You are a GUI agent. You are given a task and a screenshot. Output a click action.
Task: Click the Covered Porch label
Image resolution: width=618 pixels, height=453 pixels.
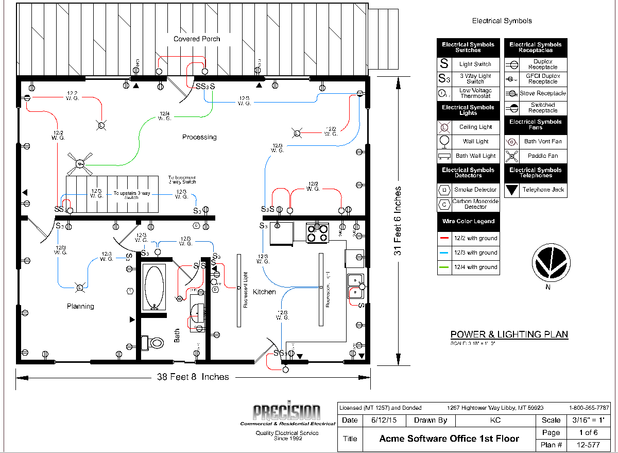pyautogui.click(x=197, y=39)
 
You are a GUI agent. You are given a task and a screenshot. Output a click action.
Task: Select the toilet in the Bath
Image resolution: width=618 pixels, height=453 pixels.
pyautogui.click(x=153, y=342)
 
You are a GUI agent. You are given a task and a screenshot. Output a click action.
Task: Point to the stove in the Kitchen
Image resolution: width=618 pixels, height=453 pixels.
pyautogui.click(x=317, y=233)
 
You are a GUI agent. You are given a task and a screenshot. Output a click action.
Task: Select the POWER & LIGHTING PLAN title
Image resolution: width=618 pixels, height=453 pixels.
pyautogui.click(x=509, y=334)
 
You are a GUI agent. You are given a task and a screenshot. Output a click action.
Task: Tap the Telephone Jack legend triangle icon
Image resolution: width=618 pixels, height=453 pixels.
pyautogui.click(x=512, y=190)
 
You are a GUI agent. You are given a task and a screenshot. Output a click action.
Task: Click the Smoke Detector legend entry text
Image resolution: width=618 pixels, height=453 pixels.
pyautogui.click(x=475, y=190)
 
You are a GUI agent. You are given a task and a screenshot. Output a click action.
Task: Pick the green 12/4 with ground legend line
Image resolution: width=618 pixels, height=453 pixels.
pyautogui.click(x=444, y=267)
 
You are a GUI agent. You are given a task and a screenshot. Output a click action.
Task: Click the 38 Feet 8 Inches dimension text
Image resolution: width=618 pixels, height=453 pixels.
pyautogui.click(x=193, y=377)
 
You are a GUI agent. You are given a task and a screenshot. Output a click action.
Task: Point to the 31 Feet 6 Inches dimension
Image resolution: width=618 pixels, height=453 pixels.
pyautogui.click(x=397, y=221)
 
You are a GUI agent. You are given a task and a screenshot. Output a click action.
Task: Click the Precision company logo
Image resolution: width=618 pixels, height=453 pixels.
pyautogui.click(x=286, y=413)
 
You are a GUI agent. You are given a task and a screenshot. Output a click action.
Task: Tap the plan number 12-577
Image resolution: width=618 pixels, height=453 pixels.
pyautogui.click(x=588, y=445)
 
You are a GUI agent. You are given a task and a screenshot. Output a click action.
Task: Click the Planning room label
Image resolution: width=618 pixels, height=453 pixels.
pyautogui.click(x=80, y=306)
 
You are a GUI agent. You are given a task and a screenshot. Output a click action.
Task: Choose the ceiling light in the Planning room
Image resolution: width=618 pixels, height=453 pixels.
pyautogui.click(x=80, y=287)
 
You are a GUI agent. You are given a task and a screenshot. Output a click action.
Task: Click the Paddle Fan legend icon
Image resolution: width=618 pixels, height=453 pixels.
pyautogui.click(x=511, y=156)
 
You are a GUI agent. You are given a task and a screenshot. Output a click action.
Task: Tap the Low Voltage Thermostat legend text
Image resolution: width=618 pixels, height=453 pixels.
pyautogui.click(x=475, y=93)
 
